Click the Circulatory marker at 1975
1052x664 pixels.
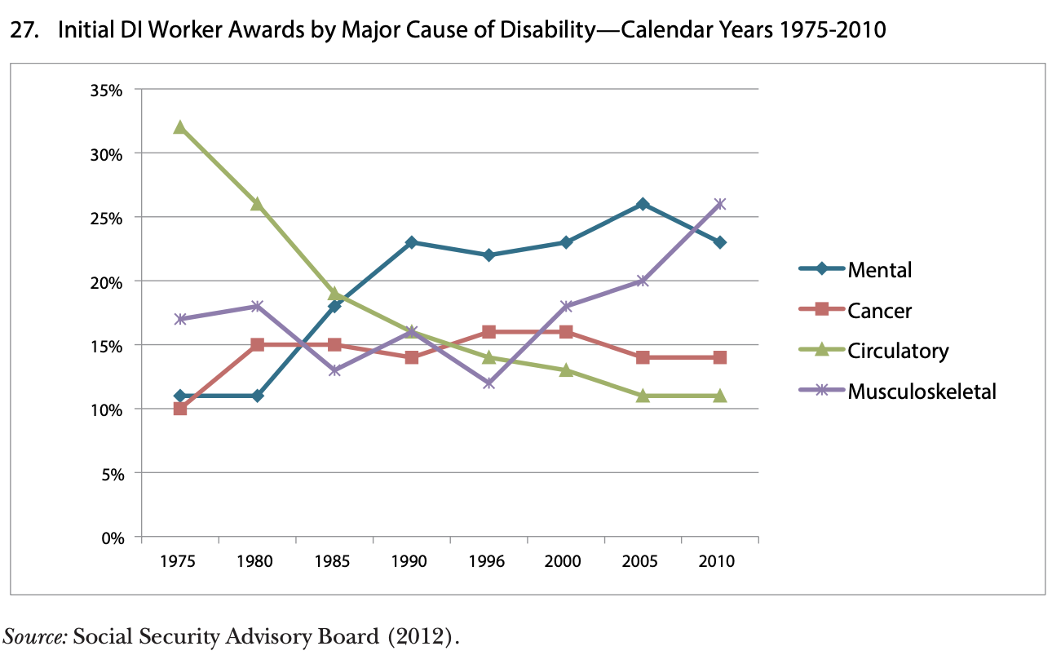tap(180, 127)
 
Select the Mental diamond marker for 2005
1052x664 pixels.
tap(643, 204)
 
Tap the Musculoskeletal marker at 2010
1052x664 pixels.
tap(720, 204)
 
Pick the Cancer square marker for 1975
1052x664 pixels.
tap(180, 408)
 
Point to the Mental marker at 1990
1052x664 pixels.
tap(411, 242)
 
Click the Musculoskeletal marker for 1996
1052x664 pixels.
tap(488, 383)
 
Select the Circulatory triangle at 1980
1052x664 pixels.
tap(257, 204)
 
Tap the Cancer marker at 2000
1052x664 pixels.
tap(566, 332)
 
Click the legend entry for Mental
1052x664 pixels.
tap(879, 269)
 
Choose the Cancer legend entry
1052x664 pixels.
tap(879, 310)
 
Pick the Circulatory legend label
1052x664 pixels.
tap(898, 351)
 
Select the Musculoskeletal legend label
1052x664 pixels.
tap(922, 392)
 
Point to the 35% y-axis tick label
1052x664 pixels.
tap(106, 90)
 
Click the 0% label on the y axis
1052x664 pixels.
tap(112, 537)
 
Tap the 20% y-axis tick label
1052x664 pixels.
tap(106, 281)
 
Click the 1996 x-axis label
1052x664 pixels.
tap(488, 562)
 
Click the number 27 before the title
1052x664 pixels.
tap(24, 31)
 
